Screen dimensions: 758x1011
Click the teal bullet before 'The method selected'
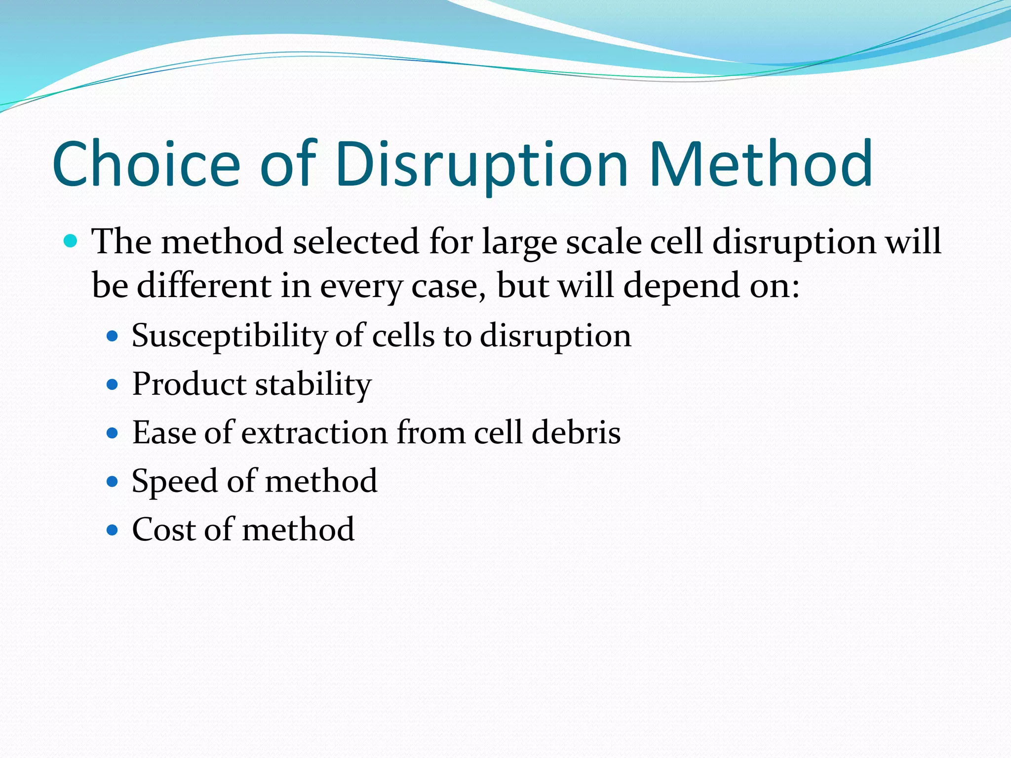point(71,241)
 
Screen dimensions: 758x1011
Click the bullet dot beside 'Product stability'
point(113,384)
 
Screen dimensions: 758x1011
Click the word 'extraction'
point(314,432)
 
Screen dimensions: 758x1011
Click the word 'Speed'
point(174,481)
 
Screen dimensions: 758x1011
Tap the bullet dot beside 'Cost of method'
point(113,530)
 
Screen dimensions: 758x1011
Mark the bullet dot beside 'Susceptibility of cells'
point(113,337)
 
